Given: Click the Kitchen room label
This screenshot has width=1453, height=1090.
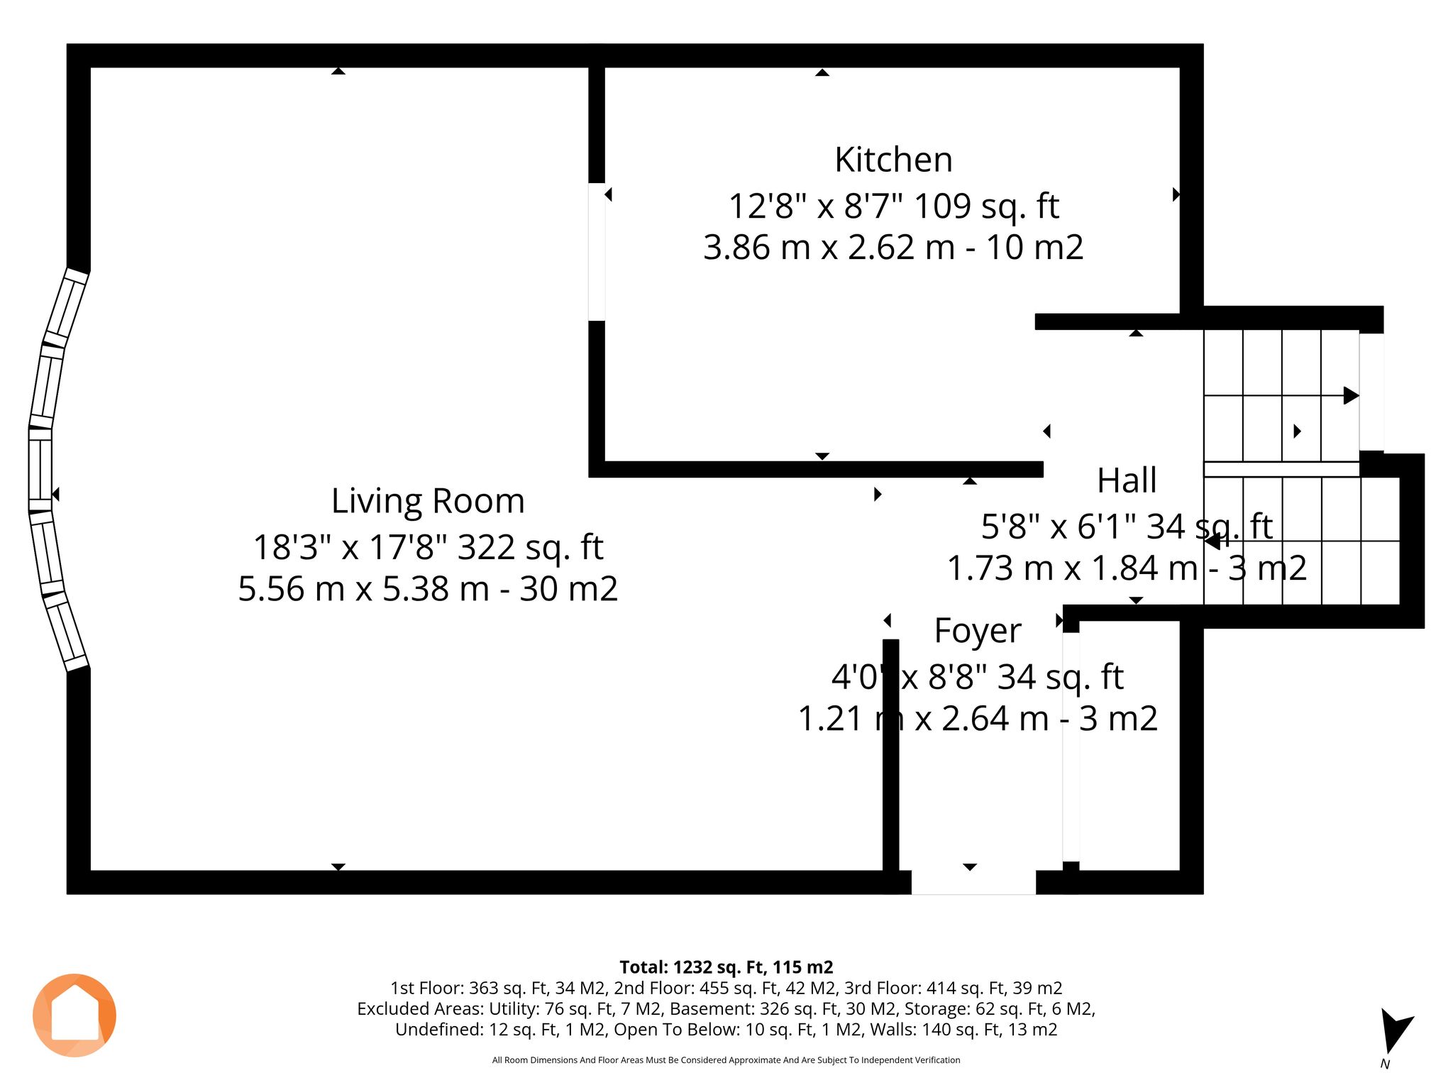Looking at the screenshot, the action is [x=893, y=160].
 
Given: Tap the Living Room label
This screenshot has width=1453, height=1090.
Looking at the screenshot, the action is [x=428, y=501].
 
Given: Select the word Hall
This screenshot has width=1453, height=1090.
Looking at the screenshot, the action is [x=1127, y=480].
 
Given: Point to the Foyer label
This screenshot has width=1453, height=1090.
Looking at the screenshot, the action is [x=978, y=631].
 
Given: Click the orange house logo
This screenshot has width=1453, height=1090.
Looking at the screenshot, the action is [x=74, y=1015].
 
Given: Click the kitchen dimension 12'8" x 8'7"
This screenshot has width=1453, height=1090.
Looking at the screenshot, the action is [x=815, y=207].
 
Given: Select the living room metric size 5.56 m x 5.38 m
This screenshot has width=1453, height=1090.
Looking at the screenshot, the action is [x=363, y=589].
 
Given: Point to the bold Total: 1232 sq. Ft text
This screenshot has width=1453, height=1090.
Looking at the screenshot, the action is [x=726, y=967].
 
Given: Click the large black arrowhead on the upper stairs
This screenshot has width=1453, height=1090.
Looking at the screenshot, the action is [x=1352, y=395].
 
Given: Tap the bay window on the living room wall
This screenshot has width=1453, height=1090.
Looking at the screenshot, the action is [x=56, y=469].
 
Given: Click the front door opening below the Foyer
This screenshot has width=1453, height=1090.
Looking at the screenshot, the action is [x=973, y=882].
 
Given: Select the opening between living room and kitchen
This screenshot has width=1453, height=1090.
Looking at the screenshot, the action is [x=597, y=252].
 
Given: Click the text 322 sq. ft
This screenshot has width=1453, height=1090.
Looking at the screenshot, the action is [x=530, y=548].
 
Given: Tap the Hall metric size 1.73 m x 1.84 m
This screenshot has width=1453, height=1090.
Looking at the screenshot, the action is [x=1073, y=568].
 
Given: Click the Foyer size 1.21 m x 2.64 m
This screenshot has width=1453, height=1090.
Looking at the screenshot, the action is [x=923, y=719].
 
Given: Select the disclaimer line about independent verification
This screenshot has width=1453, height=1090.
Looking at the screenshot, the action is [x=726, y=1060].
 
